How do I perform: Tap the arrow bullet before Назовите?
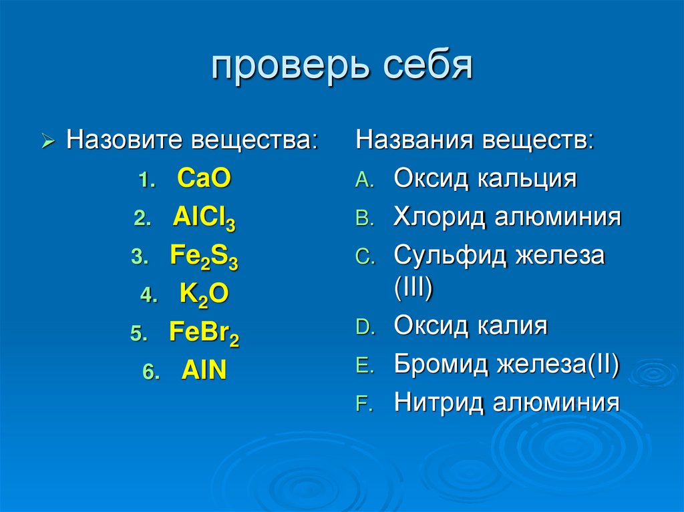(47, 142)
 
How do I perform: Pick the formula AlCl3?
(204, 219)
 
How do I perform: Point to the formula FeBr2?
(204, 334)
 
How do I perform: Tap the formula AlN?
(204, 371)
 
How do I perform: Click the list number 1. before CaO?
(148, 181)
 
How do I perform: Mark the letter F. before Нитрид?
(363, 405)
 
